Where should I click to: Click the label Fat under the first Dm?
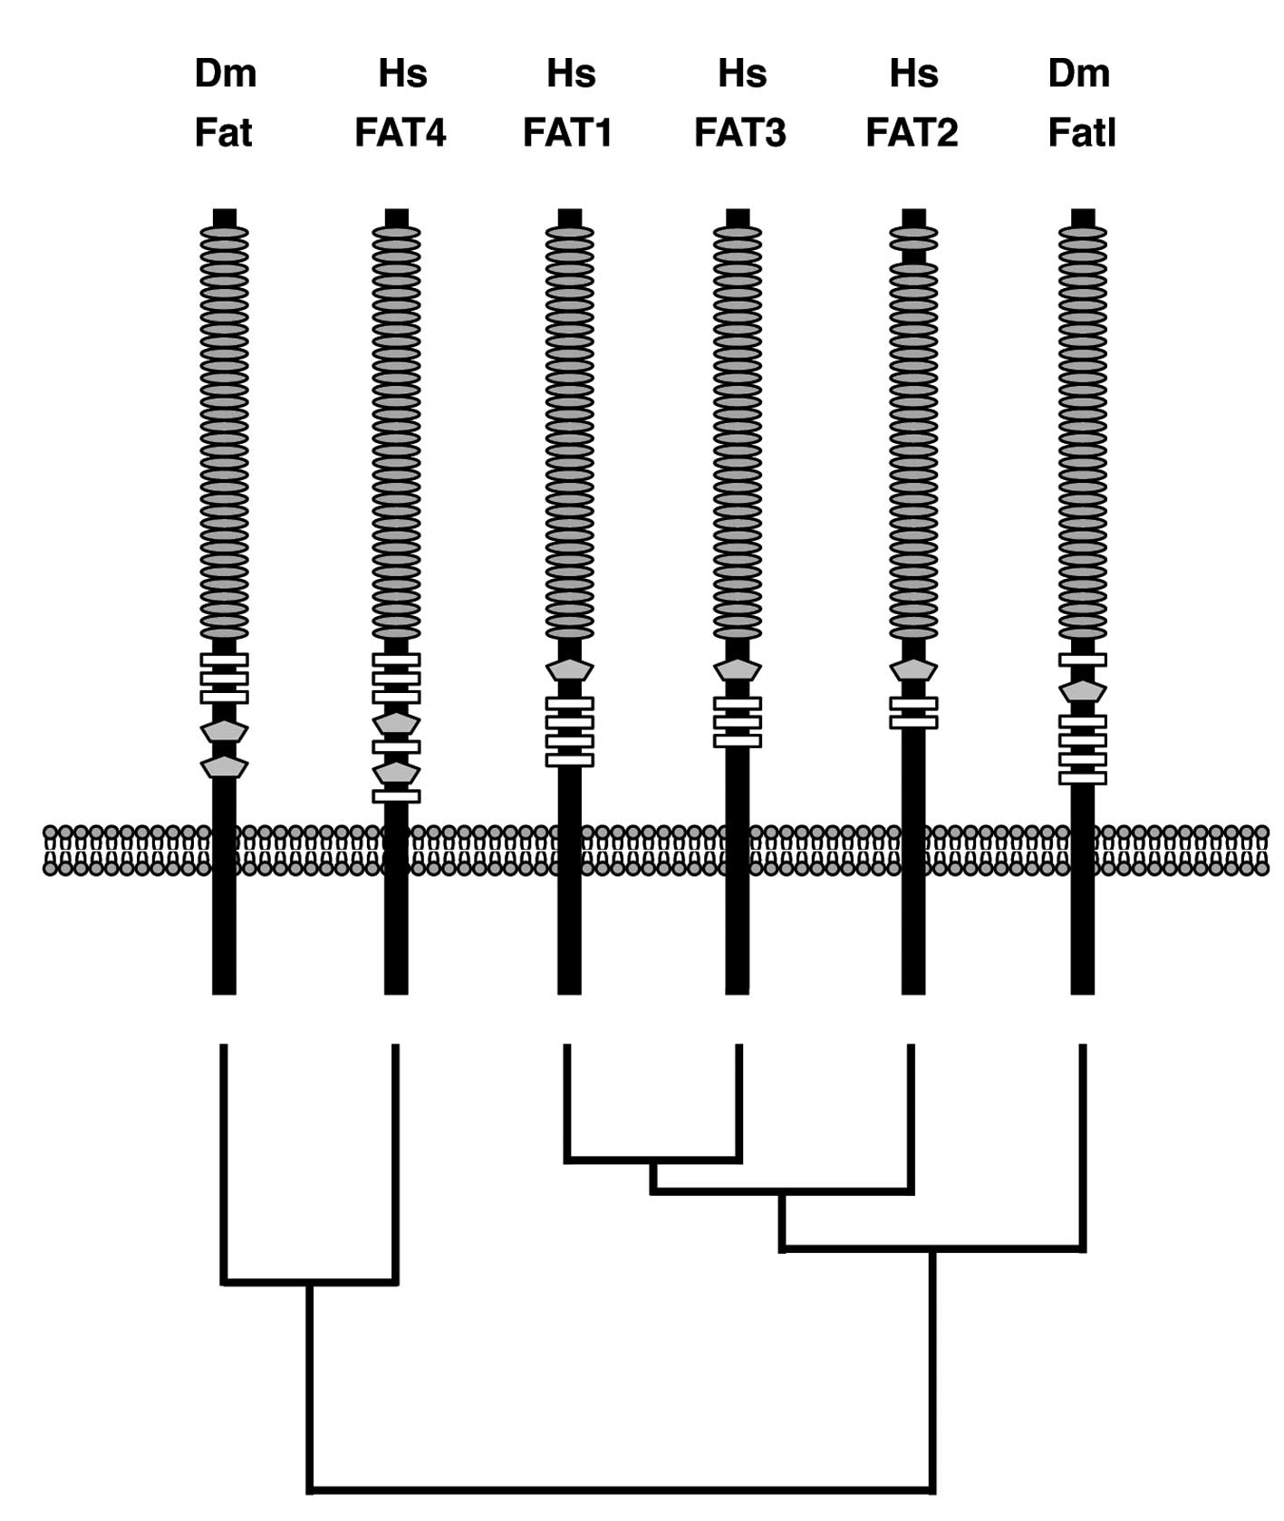(x=223, y=133)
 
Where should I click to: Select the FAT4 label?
(x=400, y=133)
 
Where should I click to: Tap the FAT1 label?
(x=568, y=133)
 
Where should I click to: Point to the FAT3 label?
(x=739, y=133)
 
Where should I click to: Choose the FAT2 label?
(x=912, y=133)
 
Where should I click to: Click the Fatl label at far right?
(x=1081, y=133)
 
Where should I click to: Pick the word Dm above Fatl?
(x=1078, y=73)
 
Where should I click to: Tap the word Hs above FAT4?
(x=402, y=73)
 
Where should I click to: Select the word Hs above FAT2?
(x=913, y=73)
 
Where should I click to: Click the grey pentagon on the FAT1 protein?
(x=569, y=670)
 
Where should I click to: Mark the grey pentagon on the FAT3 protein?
(x=738, y=670)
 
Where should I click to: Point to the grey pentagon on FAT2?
(x=913, y=670)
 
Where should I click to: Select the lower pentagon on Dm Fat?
(x=224, y=767)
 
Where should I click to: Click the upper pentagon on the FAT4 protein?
(x=396, y=723)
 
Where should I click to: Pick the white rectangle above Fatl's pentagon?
(x=1083, y=660)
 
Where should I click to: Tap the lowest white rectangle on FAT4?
(x=396, y=796)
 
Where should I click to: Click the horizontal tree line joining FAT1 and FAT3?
(x=652, y=1159)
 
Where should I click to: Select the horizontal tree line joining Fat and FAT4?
(x=310, y=1282)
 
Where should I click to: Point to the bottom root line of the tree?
(x=621, y=1488)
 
